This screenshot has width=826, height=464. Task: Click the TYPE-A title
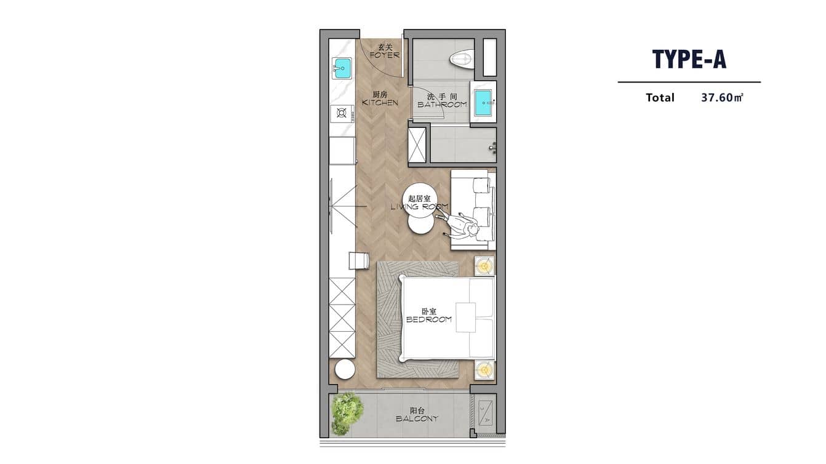(689, 59)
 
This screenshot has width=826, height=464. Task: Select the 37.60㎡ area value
(722, 97)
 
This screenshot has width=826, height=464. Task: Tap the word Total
(660, 97)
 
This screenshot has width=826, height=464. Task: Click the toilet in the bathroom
(461, 59)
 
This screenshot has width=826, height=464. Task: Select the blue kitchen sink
(342, 68)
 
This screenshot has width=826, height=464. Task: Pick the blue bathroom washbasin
(483, 102)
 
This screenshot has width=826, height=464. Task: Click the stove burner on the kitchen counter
(341, 113)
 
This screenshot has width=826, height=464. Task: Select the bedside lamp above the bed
(484, 266)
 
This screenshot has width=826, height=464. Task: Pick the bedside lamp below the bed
(484, 370)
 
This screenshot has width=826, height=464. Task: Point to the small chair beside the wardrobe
(359, 260)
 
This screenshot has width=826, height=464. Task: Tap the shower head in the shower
(492, 147)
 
